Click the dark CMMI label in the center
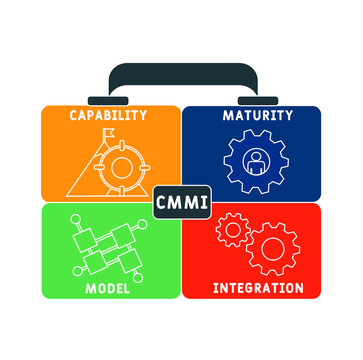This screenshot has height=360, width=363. click(181, 202)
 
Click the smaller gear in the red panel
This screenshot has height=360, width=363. click(230, 231)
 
